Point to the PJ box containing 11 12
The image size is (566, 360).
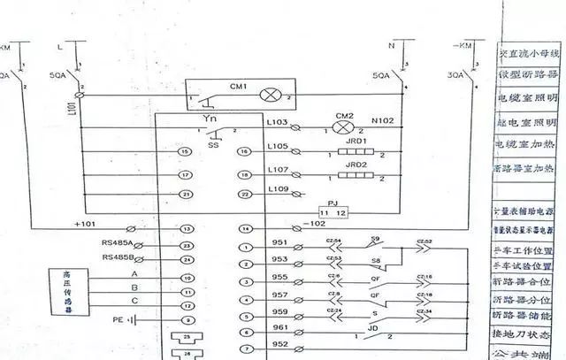pos(333,213)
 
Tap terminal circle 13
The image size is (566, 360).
pos(186,229)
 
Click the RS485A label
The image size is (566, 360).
pos(117,242)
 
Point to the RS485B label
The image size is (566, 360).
pos(117,257)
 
